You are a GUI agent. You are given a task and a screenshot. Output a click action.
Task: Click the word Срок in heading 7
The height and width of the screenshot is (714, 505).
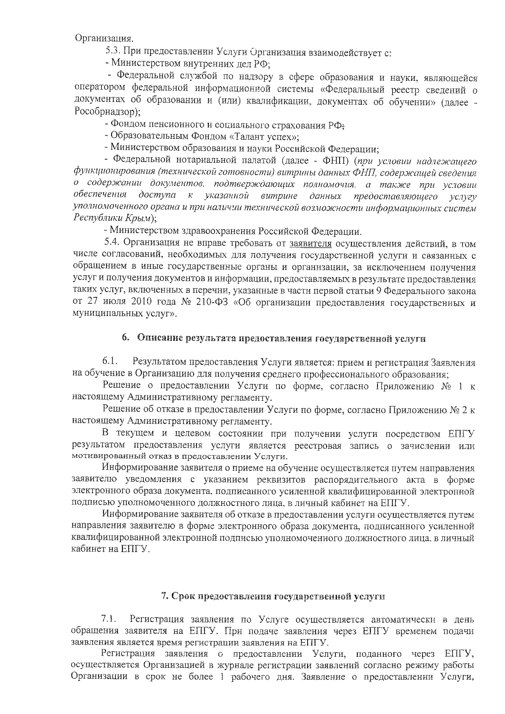(x=183, y=596)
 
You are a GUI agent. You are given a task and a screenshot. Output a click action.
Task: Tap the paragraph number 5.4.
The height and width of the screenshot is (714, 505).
(x=112, y=244)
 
